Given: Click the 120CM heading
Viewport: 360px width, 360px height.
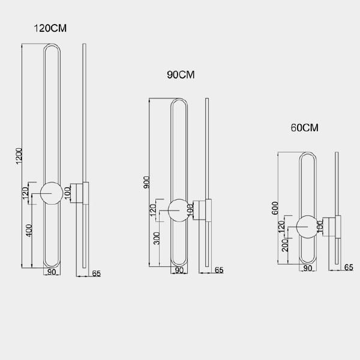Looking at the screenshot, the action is coord(50,28).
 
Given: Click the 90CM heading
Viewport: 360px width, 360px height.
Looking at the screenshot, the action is coord(181,75).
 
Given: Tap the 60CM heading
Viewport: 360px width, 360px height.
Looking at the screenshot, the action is coord(304,128).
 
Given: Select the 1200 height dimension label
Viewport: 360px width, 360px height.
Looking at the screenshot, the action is coord(19,156).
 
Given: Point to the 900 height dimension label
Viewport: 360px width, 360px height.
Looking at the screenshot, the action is coord(146,182).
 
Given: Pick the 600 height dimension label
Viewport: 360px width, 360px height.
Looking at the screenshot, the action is coord(275,208).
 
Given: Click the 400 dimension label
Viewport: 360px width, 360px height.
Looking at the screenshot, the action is coord(29,230).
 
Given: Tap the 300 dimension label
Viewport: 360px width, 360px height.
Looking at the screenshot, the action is coord(157,238).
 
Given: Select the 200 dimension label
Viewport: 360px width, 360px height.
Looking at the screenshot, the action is coord(284,245).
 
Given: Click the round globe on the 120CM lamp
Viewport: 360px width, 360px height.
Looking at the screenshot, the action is coord(52,193).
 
